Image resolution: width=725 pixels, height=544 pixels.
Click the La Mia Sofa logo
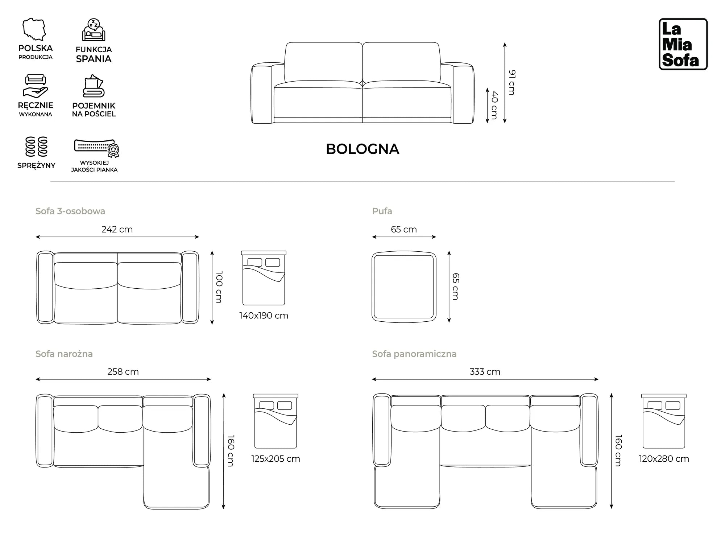tap(683, 44)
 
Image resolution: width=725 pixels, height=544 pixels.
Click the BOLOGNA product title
tap(362, 149)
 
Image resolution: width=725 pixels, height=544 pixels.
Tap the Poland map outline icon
tap(34, 29)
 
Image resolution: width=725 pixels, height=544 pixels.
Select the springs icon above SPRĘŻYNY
tap(36, 147)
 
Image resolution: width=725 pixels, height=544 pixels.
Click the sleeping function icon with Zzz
tap(94, 30)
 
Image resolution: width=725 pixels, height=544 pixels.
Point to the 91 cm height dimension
tap(511, 83)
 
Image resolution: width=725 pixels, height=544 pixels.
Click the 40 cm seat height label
tap(494, 105)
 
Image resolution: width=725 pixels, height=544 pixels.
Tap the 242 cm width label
tap(117, 230)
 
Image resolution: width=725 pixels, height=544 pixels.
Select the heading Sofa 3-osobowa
tap(70, 211)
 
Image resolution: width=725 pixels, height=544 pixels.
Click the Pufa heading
tap(382, 211)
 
